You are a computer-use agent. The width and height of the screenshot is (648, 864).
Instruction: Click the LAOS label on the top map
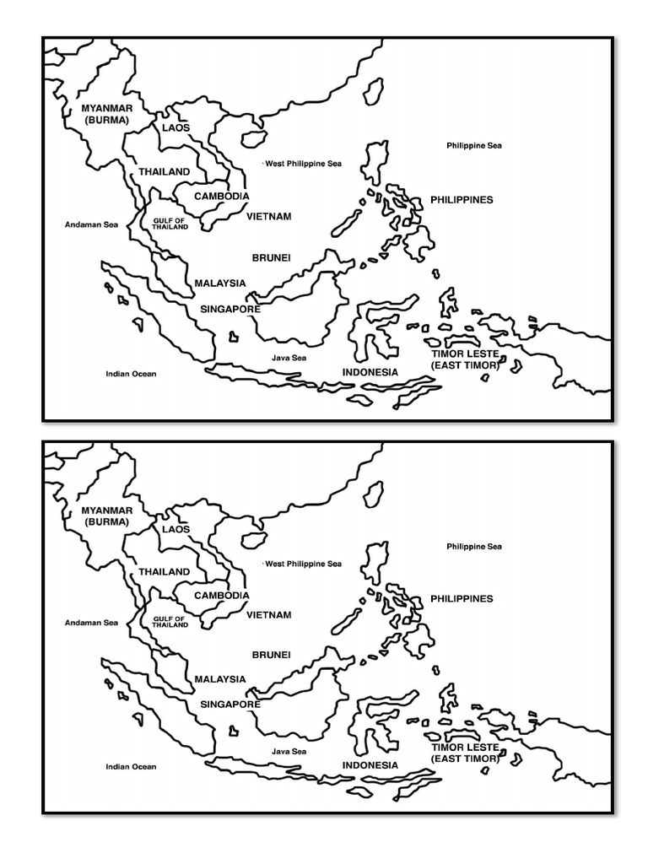point(176,128)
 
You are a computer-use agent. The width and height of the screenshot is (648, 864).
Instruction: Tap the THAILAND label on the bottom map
point(165,571)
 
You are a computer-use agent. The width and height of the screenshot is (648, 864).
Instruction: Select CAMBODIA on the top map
point(221,197)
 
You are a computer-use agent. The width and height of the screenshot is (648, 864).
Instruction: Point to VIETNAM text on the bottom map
point(269,615)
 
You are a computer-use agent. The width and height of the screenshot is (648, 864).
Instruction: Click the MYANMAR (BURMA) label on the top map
point(106,115)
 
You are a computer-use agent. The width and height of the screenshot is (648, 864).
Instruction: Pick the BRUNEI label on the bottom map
point(271,655)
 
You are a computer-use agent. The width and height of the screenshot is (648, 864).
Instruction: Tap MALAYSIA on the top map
point(220,283)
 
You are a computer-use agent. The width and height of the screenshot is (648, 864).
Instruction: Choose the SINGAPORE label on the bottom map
point(229,704)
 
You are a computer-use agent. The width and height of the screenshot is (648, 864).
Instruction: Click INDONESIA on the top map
point(370,372)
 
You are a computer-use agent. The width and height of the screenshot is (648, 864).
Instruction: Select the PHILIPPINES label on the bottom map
point(462,598)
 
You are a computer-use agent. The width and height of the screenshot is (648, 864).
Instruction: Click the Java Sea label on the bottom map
point(289,751)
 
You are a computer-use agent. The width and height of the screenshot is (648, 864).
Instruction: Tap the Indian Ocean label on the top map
point(131,374)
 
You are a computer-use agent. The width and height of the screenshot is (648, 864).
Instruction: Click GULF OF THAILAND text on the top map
point(170,224)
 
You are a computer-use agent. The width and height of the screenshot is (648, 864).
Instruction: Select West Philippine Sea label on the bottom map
point(303,564)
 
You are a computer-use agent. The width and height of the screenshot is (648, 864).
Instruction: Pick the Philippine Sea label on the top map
point(474,146)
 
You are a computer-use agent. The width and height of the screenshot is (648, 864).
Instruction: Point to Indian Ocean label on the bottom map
point(131,767)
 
